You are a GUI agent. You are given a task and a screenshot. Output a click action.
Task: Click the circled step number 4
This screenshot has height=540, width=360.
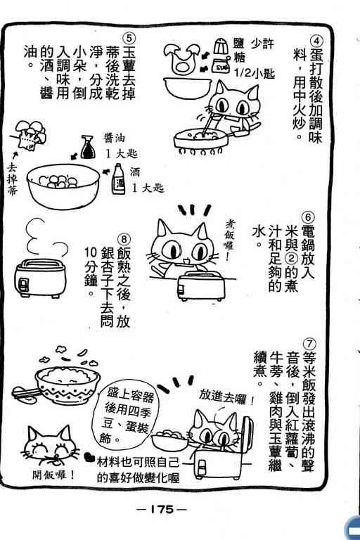pyautogui.click(x=316, y=41)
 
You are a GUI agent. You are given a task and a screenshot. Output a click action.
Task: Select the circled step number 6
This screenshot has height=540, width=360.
pyautogui.click(x=308, y=217)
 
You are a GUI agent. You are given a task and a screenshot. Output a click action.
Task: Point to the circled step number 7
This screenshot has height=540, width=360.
pyautogui.click(x=309, y=344)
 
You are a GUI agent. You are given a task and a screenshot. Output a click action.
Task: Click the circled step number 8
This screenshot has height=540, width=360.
pyautogui.click(x=124, y=239)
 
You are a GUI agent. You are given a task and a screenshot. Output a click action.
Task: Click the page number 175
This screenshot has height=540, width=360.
pyautogui.click(x=162, y=509)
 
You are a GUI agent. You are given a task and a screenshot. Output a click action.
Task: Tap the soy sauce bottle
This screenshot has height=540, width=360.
pyautogui.click(x=87, y=148)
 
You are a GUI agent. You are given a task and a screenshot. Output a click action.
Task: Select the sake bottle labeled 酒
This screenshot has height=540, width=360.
pyautogui.click(x=119, y=179)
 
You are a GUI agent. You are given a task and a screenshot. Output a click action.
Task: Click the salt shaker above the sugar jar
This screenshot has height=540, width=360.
pyautogui.click(x=220, y=47)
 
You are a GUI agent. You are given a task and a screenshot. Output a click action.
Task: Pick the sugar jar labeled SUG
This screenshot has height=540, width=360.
pyautogui.click(x=221, y=67)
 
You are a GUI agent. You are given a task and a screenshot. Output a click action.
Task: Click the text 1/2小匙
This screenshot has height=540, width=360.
pyautogui.click(x=254, y=73)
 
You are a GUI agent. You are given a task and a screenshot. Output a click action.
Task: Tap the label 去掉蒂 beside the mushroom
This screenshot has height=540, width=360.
pyautogui.click(x=12, y=180)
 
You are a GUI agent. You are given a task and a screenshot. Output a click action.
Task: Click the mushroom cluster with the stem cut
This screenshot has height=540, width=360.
pyautogui.click(x=30, y=135)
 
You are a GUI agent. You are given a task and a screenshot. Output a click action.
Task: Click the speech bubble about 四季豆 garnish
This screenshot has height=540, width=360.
pyautogui.click(x=127, y=416)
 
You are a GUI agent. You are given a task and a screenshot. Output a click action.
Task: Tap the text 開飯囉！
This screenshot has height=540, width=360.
pyautogui.click(x=53, y=475)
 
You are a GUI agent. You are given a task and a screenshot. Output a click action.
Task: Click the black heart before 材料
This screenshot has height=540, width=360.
pyautogui.click(x=91, y=458)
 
